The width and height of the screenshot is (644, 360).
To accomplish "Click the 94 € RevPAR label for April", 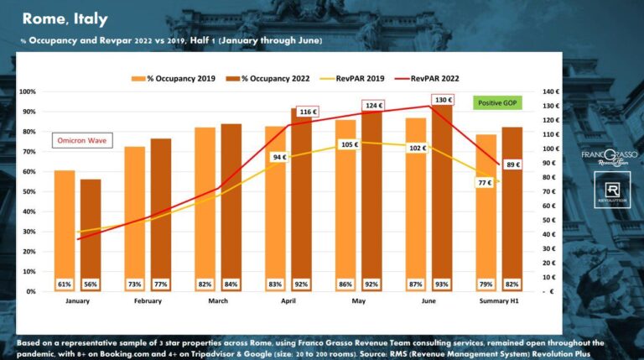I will pos(279,156).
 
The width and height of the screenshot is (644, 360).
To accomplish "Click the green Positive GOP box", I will pos(496,102).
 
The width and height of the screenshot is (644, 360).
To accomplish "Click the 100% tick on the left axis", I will pos(26,91).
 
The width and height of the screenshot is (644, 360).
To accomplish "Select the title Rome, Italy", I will pos(65,18).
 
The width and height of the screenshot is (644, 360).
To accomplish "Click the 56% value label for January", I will pos(90,284).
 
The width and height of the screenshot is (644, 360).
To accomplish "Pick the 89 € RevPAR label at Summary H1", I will pos(513,164).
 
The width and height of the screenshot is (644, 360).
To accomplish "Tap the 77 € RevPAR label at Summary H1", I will pos(485,182).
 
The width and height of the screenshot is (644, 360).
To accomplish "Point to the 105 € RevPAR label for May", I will pos(349,144).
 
